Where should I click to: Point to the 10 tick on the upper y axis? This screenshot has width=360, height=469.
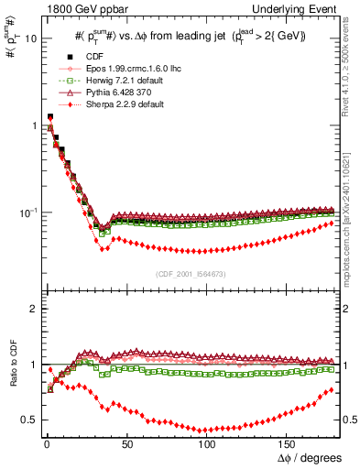(x=27, y=39)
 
